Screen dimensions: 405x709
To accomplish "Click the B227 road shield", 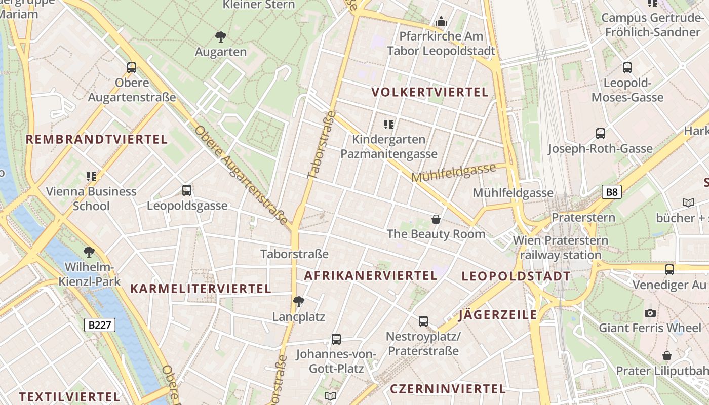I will tap(100, 325).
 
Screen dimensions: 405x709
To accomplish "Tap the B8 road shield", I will tap(612, 192).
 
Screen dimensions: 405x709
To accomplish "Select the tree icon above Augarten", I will tap(220, 36).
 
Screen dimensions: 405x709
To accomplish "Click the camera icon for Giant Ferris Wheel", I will tap(650, 313).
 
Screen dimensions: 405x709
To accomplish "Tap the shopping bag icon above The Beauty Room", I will tap(436, 219).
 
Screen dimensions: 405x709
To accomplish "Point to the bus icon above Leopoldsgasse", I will tap(187, 190).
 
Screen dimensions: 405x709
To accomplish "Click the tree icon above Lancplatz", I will tap(299, 302).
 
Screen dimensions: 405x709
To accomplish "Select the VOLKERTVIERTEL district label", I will tap(430, 92).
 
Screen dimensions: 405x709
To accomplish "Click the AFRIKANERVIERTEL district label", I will tap(370, 275).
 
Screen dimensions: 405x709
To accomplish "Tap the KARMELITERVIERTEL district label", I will tap(201, 289).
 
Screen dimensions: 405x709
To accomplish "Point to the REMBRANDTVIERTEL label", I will tap(96, 139).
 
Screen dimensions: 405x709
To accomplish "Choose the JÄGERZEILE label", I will tap(497, 315).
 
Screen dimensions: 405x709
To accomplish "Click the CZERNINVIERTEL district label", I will tap(448, 389).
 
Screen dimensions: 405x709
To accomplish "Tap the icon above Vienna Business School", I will tap(91, 176).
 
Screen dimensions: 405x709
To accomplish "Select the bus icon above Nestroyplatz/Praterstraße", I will tap(423, 321).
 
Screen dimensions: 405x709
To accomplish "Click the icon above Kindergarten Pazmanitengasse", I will tap(389, 124).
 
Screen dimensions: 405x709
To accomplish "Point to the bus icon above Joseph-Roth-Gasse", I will tap(600, 134).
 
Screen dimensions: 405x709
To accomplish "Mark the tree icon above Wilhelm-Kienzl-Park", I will tap(89, 252).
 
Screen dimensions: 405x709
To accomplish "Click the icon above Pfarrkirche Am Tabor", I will tap(441, 21).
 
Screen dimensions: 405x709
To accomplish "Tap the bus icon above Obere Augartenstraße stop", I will tap(132, 67).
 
